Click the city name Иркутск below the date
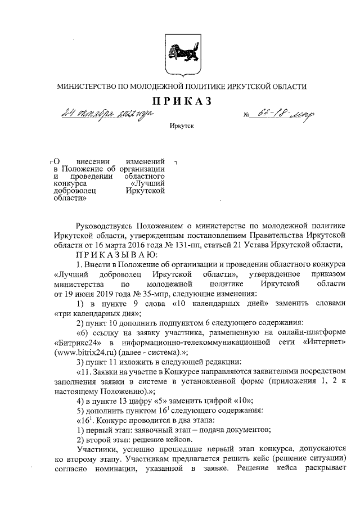[181, 128]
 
